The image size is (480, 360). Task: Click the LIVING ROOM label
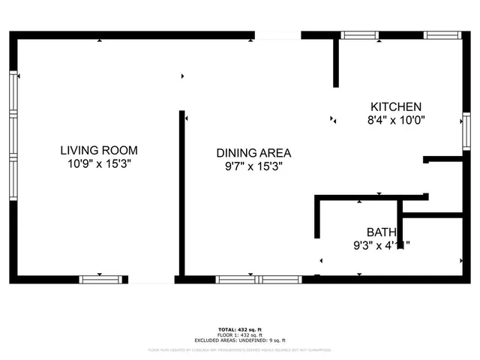click(x=99, y=150)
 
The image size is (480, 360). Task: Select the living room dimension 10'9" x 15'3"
click(x=99, y=163)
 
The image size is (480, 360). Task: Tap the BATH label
click(x=382, y=232)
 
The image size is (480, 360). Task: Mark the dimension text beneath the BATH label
click(x=382, y=244)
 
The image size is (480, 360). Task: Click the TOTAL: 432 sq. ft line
click(x=240, y=330)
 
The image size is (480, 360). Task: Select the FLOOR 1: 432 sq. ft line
click(x=240, y=336)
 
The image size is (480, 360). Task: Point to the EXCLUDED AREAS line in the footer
click(x=240, y=342)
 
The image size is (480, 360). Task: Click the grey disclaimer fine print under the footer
click(x=240, y=349)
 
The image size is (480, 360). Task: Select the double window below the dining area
click(x=259, y=279)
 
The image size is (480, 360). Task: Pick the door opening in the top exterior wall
click(x=277, y=34)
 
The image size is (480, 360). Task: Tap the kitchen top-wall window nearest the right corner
click(x=442, y=34)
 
